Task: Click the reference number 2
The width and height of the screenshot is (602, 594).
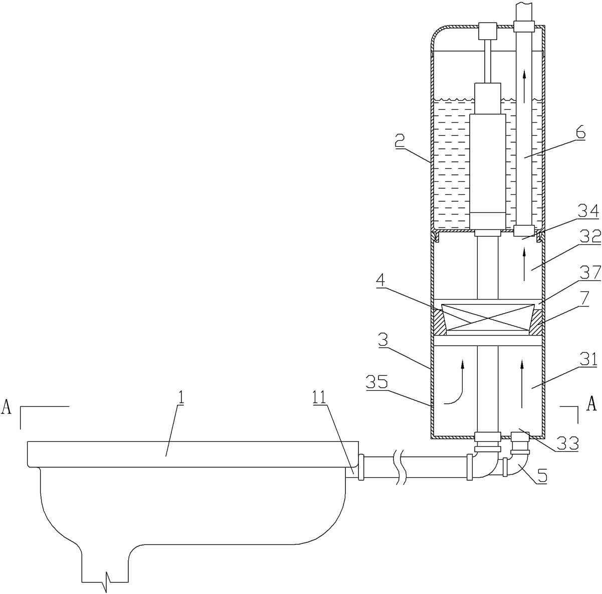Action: pyautogui.click(x=399, y=141)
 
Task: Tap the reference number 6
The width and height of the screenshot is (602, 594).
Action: pyautogui.click(x=580, y=133)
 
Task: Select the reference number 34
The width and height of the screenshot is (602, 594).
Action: pyautogui.click(x=588, y=211)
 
